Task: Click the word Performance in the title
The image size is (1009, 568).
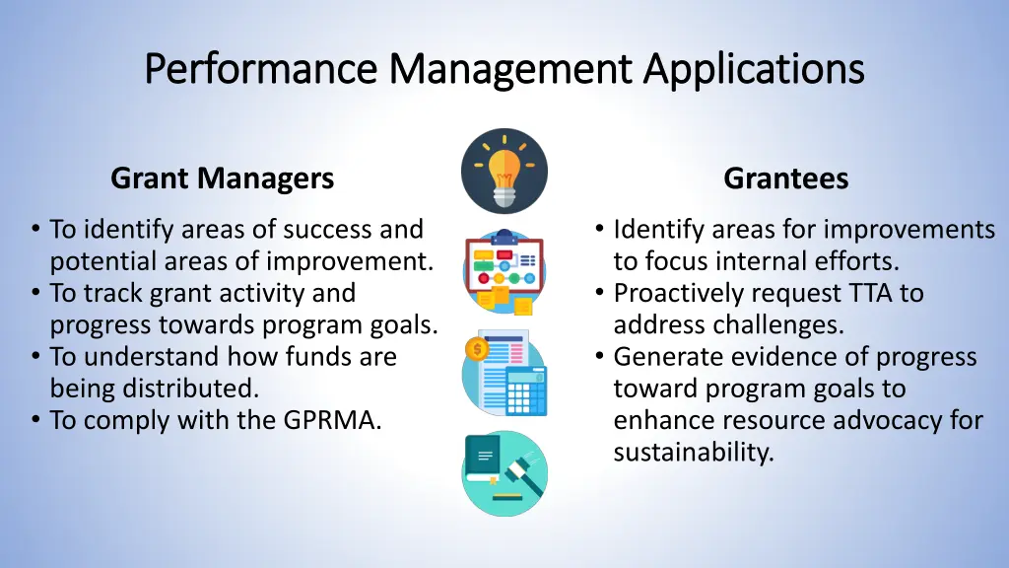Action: [262, 70]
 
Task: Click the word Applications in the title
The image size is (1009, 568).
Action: [754, 70]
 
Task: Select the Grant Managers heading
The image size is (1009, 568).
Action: [222, 178]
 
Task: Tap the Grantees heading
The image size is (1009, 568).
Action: [785, 178]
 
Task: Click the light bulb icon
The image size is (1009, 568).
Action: [504, 171]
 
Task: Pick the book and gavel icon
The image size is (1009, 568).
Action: [504, 473]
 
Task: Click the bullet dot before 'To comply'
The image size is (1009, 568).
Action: [35, 421]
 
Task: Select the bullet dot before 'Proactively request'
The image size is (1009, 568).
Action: [599, 294]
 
